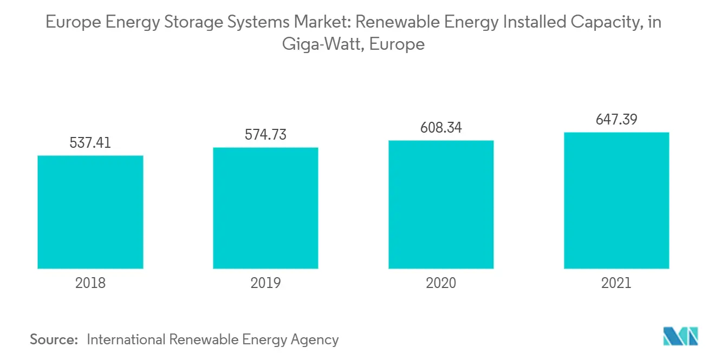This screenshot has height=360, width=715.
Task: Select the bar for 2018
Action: (x=90, y=212)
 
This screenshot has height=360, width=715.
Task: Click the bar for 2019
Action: (x=265, y=208)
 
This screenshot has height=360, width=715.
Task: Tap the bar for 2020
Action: (x=441, y=205)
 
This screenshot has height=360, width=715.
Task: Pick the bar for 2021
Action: (x=616, y=200)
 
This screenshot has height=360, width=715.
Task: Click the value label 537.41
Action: (x=90, y=143)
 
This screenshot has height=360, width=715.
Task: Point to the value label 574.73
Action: (x=265, y=135)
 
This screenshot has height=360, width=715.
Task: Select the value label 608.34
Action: (x=441, y=128)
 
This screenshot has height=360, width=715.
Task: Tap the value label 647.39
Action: (x=616, y=119)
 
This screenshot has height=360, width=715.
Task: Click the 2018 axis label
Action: (x=90, y=283)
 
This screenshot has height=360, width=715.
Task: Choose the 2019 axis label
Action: (x=265, y=283)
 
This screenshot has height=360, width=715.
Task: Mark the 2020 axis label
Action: (x=441, y=283)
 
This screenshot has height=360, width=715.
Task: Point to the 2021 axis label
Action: (x=616, y=283)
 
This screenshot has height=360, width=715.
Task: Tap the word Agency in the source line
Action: (x=314, y=340)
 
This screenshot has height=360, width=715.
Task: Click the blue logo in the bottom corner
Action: (x=680, y=336)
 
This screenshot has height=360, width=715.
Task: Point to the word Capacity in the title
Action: (x=602, y=23)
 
